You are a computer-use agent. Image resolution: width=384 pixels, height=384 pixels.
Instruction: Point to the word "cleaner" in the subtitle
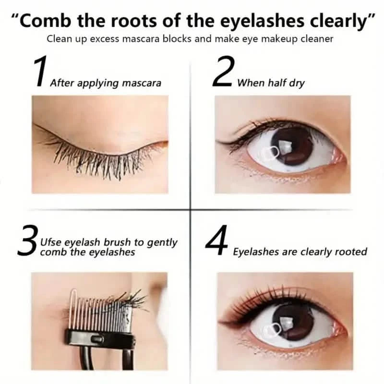pyautogui.click(x=314, y=39)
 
